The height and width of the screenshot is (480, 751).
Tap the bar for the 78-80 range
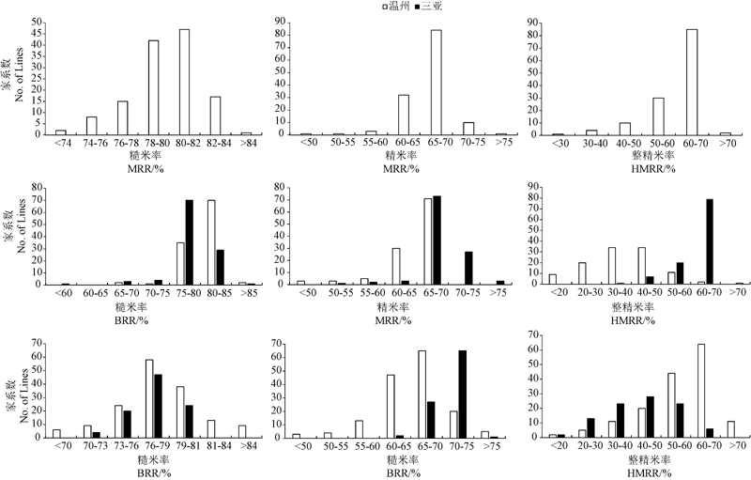point(153,87)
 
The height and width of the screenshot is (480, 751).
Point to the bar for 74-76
point(91,125)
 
